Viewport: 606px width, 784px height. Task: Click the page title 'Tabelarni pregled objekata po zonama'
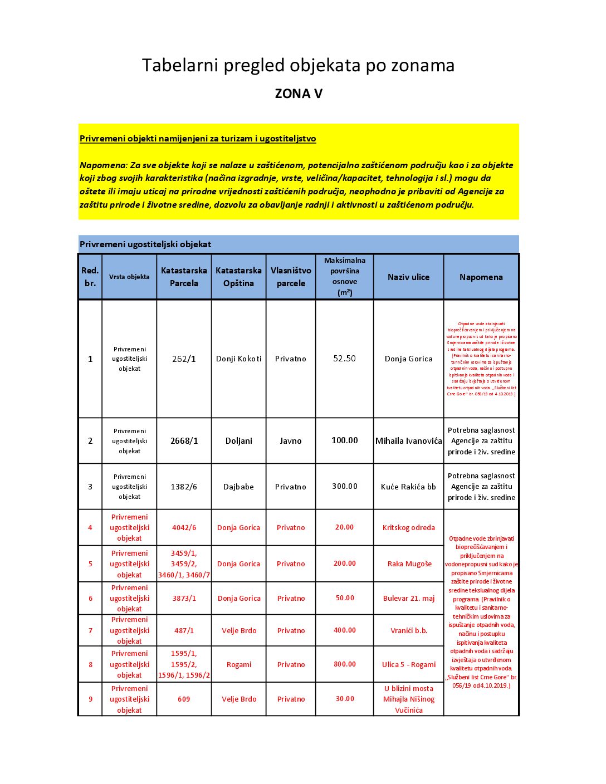coord(298,66)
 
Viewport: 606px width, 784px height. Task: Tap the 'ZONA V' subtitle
coord(299,94)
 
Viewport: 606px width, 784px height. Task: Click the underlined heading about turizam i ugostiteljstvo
coord(198,139)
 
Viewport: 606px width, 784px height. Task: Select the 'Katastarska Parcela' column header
coord(184,277)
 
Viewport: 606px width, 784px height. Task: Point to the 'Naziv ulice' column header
coord(408,277)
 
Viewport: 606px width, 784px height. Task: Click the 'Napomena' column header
coord(481,277)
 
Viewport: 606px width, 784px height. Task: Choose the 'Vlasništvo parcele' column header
coord(291,277)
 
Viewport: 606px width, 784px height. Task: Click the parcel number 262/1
coord(184,359)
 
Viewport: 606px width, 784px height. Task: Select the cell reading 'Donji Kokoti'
coord(238,359)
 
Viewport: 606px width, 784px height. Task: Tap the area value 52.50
coord(344,359)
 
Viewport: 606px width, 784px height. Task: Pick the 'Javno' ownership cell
coord(291,441)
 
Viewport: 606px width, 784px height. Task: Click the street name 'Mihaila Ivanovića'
coord(408,441)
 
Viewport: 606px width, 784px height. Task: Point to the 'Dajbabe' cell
coord(238,487)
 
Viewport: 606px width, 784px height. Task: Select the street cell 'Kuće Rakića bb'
coord(408,487)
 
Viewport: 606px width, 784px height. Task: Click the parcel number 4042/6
coord(184,527)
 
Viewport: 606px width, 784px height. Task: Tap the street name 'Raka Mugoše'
coord(409,563)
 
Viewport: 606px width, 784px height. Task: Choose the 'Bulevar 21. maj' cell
coord(408,598)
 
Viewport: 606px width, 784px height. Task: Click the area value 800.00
coord(344,664)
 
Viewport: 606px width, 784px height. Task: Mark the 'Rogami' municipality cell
coord(238,664)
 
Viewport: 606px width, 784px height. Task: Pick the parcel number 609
coord(184,699)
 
